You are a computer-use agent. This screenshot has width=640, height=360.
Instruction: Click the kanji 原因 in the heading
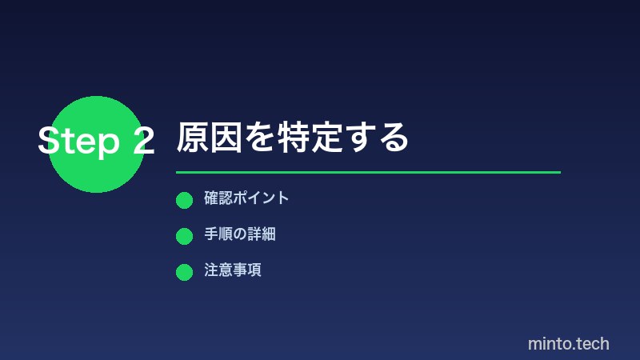tap(209, 138)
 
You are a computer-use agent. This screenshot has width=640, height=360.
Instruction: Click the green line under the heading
tap(368, 172)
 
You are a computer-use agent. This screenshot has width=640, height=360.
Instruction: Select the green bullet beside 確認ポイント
tap(184, 200)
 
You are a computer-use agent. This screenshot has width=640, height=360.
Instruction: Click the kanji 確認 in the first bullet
tap(218, 198)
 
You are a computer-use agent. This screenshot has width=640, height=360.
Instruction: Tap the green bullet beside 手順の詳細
tap(184, 236)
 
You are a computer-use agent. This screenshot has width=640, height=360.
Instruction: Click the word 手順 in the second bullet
tap(218, 234)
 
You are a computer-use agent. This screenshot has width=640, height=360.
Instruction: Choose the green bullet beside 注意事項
tap(184, 272)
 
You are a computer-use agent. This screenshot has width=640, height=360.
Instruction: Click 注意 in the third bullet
tap(218, 270)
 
